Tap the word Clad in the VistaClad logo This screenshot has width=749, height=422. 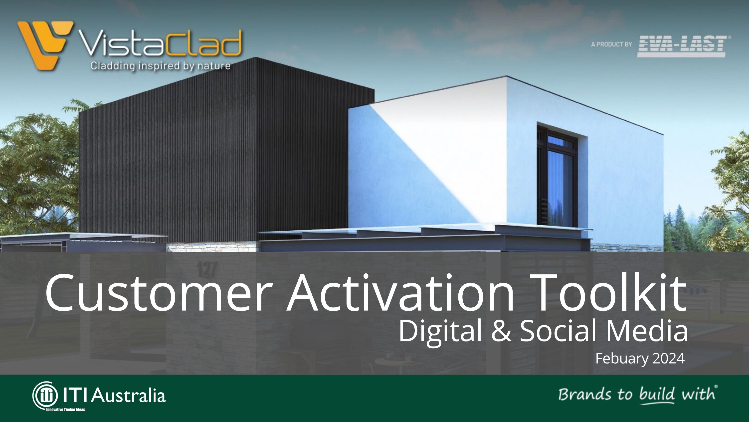203,44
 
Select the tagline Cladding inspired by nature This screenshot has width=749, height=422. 161,66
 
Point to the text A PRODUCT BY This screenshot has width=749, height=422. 611,44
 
